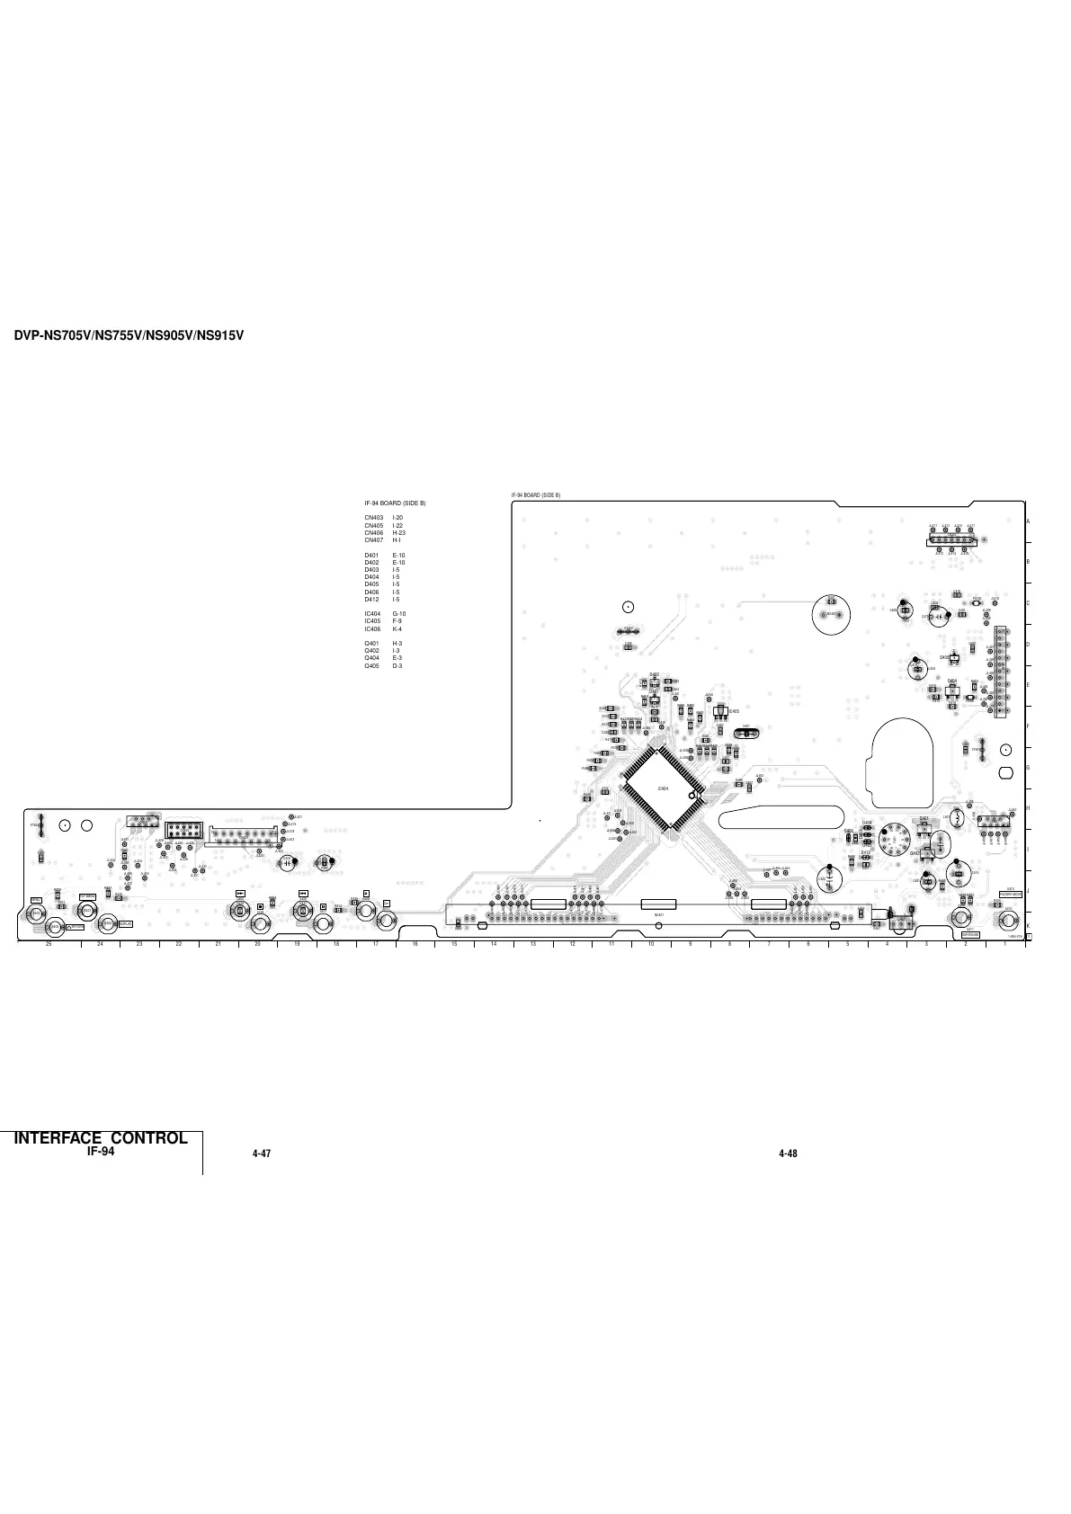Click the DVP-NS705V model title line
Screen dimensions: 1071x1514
129,336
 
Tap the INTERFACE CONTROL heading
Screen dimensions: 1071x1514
101,1137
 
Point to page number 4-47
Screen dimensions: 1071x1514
262,1153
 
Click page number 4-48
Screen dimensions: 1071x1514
788,1153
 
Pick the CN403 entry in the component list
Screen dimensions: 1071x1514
374,518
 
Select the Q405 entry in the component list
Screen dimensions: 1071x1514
371,665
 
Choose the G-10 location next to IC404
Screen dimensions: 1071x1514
399,614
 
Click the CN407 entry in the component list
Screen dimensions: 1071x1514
374,540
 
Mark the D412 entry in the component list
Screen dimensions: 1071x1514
371,599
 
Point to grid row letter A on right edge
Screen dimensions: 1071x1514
1028,522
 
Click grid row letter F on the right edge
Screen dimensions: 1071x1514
1028,726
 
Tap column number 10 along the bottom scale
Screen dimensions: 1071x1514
650,943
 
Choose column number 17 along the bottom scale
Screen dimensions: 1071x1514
375,943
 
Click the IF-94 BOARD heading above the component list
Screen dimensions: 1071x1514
395,503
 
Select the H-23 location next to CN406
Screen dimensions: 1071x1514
399,533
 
